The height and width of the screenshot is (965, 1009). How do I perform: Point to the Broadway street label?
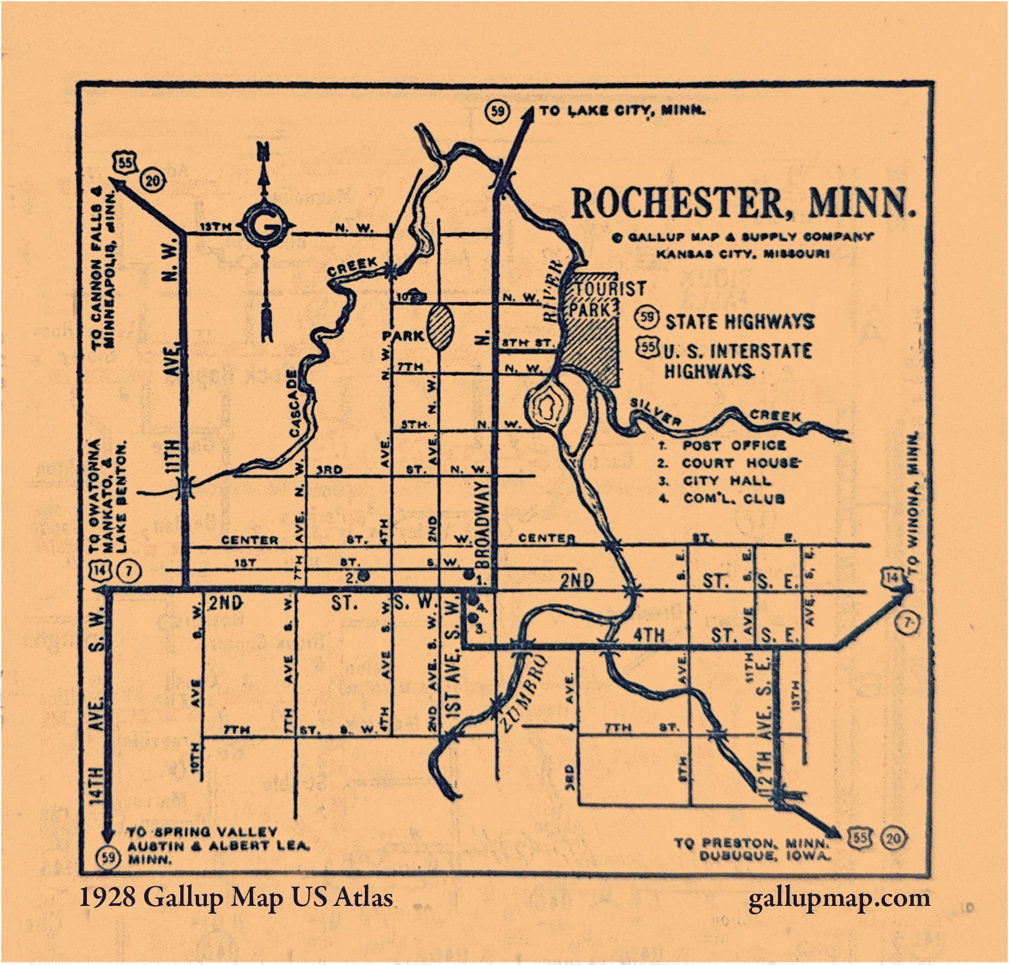[482, 524]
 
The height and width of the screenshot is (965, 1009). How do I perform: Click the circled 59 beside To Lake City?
[498, 112]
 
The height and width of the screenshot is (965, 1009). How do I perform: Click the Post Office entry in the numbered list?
[733, 446]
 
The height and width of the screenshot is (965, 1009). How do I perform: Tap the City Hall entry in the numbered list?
[726, 481]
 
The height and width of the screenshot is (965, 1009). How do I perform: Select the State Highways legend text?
[739, 322]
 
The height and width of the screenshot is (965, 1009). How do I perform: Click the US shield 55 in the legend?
[648, 347]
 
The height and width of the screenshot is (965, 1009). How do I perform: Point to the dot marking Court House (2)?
[364, 575]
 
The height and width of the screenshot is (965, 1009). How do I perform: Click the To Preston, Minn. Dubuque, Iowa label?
[751, 849]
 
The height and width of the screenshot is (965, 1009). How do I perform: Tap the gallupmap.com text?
[839, 898]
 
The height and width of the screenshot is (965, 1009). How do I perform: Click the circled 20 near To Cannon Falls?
[153, 180]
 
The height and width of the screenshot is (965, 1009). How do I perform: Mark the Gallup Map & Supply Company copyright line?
[742, 238]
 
